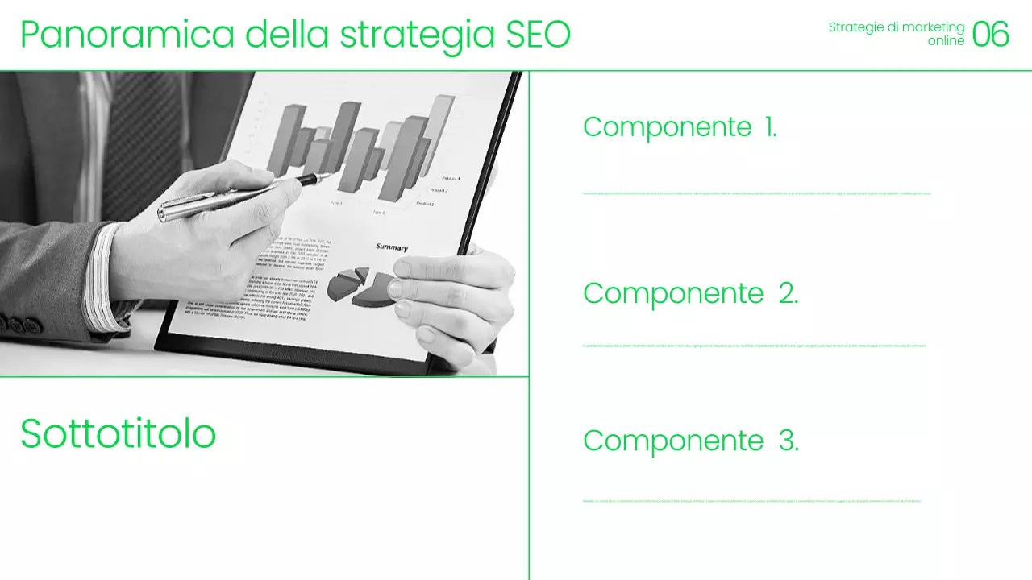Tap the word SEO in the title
(x=538, y=35)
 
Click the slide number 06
(x=991, y=35)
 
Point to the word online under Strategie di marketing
(x=946, y=41)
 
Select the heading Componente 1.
(x=680, y=127)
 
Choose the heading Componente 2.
(x=690, y=293)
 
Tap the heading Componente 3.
(x=690, y=441)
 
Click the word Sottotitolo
(x=119, y=434)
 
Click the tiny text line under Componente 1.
(x=756, y=193)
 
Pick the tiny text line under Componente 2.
(x=754, y=346)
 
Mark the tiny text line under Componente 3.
(x=751, y=501)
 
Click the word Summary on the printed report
(x=392, y=247)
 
